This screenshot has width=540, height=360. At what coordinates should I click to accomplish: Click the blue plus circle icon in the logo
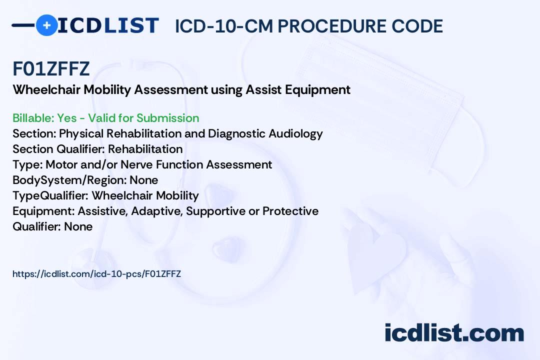pos(46,25)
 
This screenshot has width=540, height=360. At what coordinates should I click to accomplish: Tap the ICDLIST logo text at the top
pos(108,25)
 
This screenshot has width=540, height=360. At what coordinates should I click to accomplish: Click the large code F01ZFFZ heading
pos(51,69)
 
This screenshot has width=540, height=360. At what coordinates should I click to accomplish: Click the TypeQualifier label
pos(50,195)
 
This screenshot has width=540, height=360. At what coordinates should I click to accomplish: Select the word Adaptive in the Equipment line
pos(158,211)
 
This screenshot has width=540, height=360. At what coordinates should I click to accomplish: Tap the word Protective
pos(290,211)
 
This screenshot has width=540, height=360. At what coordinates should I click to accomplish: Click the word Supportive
pos(215,211)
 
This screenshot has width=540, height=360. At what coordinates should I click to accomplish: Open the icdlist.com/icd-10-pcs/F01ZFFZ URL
pos(96,274)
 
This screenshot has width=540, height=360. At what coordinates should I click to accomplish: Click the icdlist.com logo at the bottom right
pos(454,333)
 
